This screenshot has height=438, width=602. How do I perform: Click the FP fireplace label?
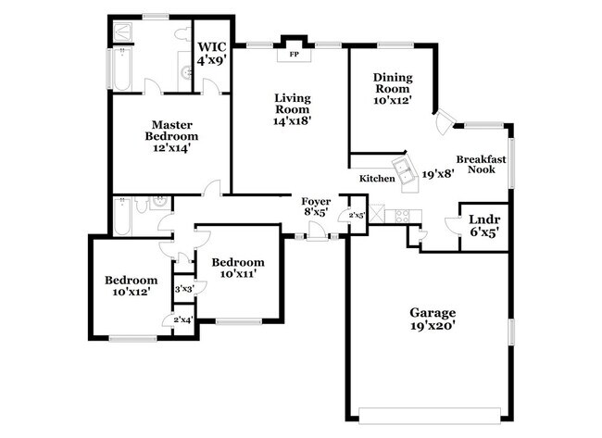click(x=294, y=54)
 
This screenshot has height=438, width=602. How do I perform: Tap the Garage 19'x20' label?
click(x=427, y=319)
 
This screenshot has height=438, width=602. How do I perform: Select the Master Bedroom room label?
click(x=169, y=135)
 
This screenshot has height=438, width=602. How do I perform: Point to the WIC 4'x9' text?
click(x=211, y=52)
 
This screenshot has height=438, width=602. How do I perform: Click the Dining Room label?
click(x=392, y=87)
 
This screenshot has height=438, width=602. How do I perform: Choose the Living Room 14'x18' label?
click(x=291, y=108)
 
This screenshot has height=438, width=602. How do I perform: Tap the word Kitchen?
click(x=377, y=178)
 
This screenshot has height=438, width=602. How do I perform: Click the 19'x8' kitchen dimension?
click(x=438, y=173)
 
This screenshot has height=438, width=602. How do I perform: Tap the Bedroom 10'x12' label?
click(x=130, y=285)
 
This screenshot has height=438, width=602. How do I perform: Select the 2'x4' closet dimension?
click(x=183, y=320)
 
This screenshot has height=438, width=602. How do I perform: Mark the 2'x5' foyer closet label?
click(x=357, y=217)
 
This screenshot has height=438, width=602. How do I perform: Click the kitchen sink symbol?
click(x=404, y=168)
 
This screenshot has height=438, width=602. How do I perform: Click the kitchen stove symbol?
click(x=403, y=216)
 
